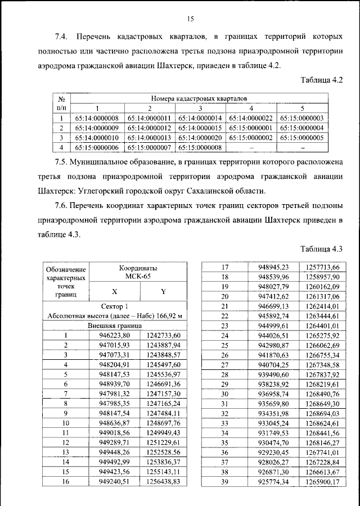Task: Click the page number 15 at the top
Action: pyautogui.click(x=190, y=19)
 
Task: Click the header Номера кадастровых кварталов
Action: pyautogui.click(x=200, y=98)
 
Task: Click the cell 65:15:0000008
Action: pyautogui.click(x=200, y=147)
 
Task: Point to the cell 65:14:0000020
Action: pyautogui.click(x=200, y=137)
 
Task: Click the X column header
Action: pyautogui.click(x=115, y=292)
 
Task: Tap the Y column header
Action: pyautogui.click(x=163, y=292)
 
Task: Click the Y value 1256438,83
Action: pyautogui.click(x=163, y=482)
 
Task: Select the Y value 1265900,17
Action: pyautogui.click(x=319, y=482)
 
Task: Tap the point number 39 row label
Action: pyautogui.click(x=225, y=482)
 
